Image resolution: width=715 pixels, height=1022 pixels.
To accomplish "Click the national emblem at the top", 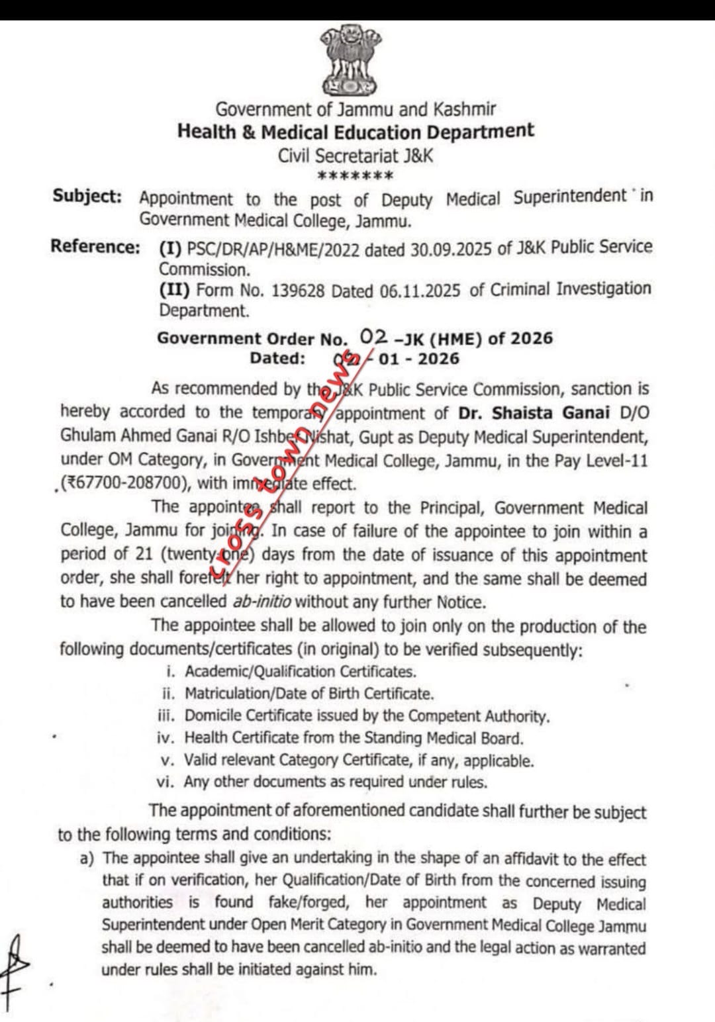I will point(349,60).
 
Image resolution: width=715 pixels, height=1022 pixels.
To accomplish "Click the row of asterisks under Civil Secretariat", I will point(356,176).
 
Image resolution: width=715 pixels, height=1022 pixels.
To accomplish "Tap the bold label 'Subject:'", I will point(87,197).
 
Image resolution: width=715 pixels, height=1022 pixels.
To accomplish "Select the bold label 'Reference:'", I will point(95,247).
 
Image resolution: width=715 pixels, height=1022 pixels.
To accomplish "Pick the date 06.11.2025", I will point(420,291).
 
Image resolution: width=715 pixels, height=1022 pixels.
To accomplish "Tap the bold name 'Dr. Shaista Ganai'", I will point(534,413).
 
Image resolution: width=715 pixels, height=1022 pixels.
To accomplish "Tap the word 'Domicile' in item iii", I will point(215,716).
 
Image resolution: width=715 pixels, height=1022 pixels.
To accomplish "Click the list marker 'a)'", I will point(87,859).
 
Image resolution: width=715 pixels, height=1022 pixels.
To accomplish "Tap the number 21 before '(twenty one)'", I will point(144,555).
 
